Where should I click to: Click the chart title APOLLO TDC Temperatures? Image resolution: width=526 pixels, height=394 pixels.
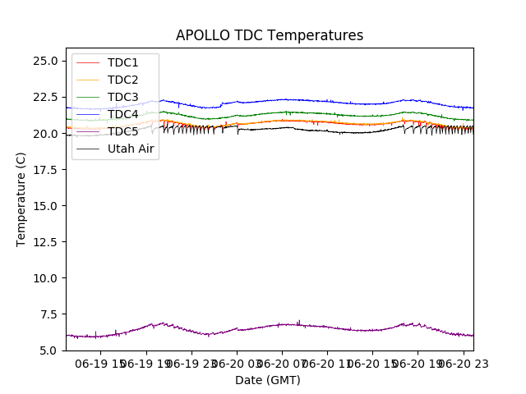click(x=269, y=35)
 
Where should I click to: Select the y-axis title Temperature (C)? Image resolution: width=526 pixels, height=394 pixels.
click(x=21, y=199)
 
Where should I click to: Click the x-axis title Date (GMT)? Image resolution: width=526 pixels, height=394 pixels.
click(x=268, y=380)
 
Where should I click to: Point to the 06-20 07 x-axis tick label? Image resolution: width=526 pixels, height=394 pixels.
click(x=282, y=364)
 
